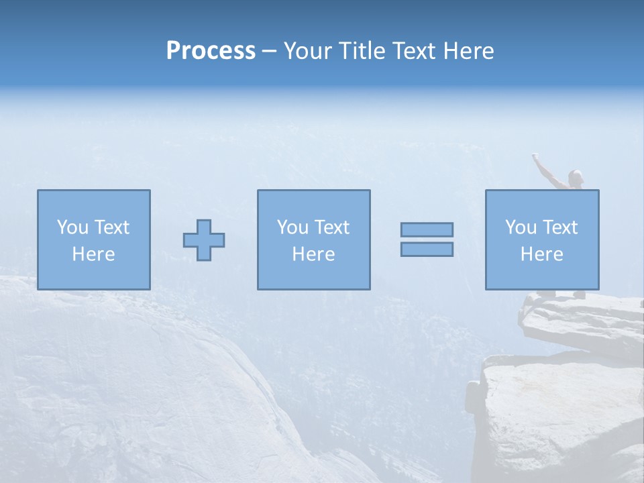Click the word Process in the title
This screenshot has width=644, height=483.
[211, 51]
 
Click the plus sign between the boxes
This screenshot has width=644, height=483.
[204, 239]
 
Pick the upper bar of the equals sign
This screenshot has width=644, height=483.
[427, 229]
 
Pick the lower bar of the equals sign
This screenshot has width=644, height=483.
[427, 249]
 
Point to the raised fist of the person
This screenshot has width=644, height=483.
[535, 158]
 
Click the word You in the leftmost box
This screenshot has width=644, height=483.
[72, 227]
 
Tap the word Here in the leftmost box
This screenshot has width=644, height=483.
[93, 254]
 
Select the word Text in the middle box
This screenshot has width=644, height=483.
[332, 227]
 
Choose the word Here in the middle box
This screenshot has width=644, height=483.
[313, 254]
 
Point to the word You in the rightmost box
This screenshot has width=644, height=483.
[521, 227]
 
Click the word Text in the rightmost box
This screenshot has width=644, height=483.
[560, 227]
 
